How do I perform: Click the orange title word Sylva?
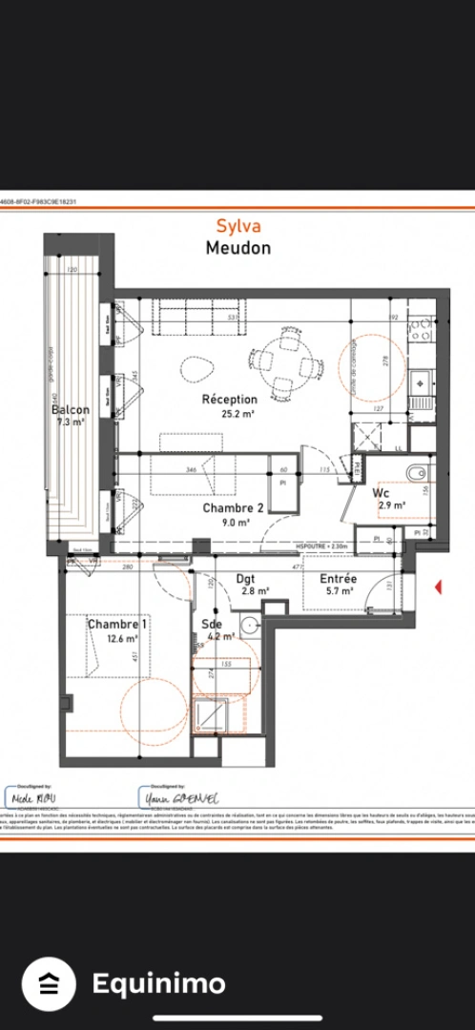coord(237,226)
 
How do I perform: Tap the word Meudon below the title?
coord(237,248)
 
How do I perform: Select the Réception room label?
coord(229,400)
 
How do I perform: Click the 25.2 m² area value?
coord(229,414)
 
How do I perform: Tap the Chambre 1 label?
coord(117,625)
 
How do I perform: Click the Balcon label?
coord(71,410)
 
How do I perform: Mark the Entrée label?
coord(338,578)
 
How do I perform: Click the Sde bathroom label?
coord(212,625)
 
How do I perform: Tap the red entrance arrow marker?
coord(438,587)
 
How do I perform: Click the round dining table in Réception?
coord(283,362)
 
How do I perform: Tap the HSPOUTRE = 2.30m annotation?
coord(323,546)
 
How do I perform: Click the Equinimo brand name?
coord(158,983)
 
